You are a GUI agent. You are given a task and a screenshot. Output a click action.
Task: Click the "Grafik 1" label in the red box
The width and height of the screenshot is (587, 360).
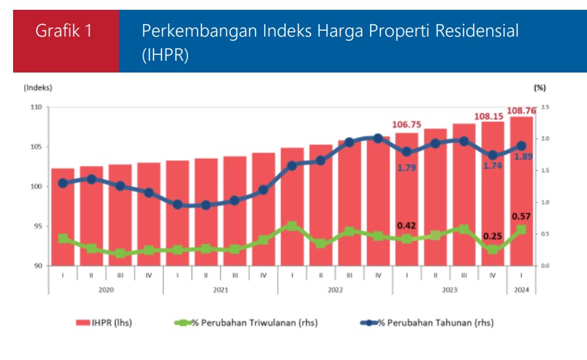pyautogui.click(x=64, y=31)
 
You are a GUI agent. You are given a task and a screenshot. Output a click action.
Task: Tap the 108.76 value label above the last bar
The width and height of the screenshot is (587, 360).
pyautogui.click(x=521, y=111)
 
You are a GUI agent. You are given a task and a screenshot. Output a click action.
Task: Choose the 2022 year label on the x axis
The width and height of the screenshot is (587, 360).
pyautogui.click(x=335, y=289)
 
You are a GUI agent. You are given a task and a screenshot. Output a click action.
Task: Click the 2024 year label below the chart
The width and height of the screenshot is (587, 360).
pyautogui.click(x=521, y=289)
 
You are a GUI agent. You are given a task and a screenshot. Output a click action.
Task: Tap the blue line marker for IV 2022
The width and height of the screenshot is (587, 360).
pyautogui.click(x=378, y=139)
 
